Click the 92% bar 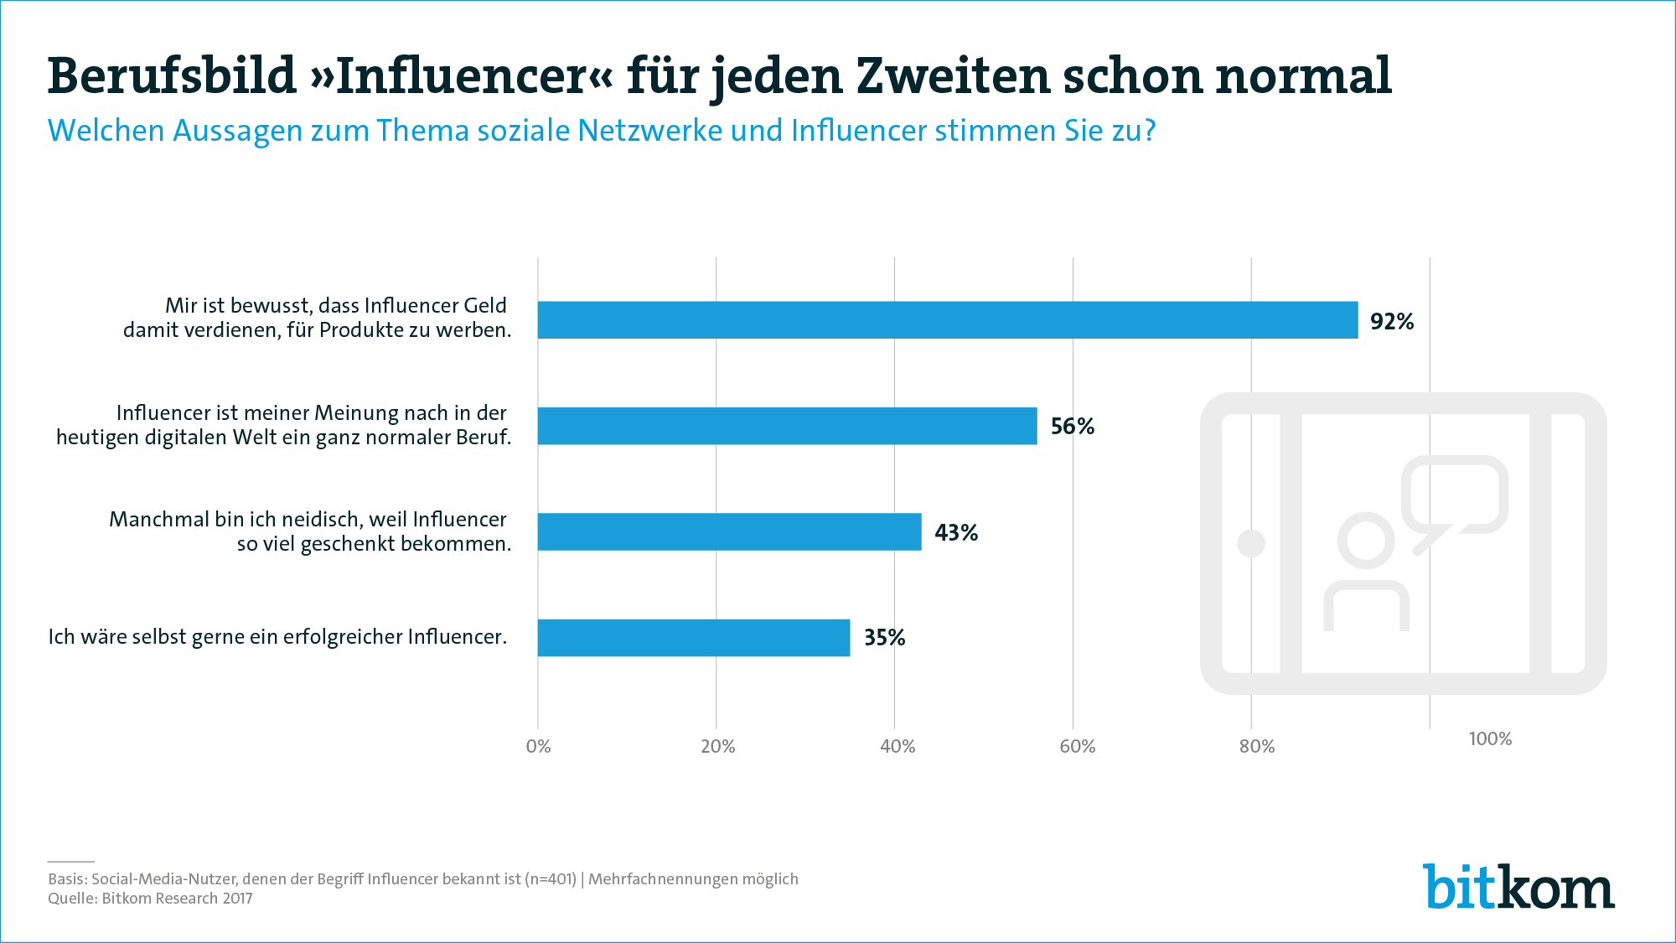tap(947, 320)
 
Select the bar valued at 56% tap(787, 426)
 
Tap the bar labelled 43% tap(729, 531)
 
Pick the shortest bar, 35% tap(693, 638)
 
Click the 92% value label tap(1392, 322)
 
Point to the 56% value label tap(1073, 427)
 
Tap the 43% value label tap(956, 533)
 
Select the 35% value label tap(885, 638)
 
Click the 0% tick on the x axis tap(538, 746)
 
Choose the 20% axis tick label tap(717, 746)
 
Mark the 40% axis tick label tap(897, 746)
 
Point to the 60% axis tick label tap(1077, 746)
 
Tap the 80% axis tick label tap(1257, 746)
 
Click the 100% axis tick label tap(1490, 738)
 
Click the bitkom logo tap(1518, 887)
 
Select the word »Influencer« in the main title tap(461, 75)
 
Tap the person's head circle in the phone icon tap(1366, 541)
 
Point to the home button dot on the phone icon tap(1251, 543)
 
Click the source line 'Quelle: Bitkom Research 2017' tap(150, 899)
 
